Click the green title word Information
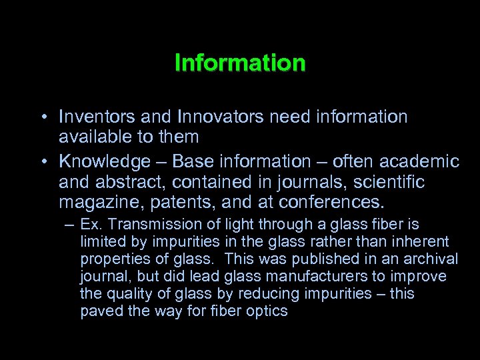(x=240, y=63)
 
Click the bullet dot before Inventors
(x=41, y=118)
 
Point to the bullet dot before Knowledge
(x=41, y=162)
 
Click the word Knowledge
(x=104, y=162)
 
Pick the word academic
(x=421, y=161)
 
